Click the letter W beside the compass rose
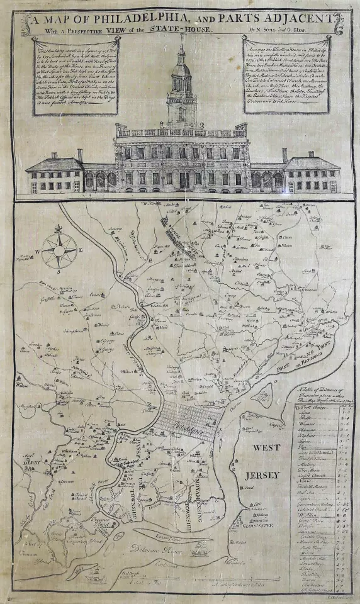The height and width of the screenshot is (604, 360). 38,250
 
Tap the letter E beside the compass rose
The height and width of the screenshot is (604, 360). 82,250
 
